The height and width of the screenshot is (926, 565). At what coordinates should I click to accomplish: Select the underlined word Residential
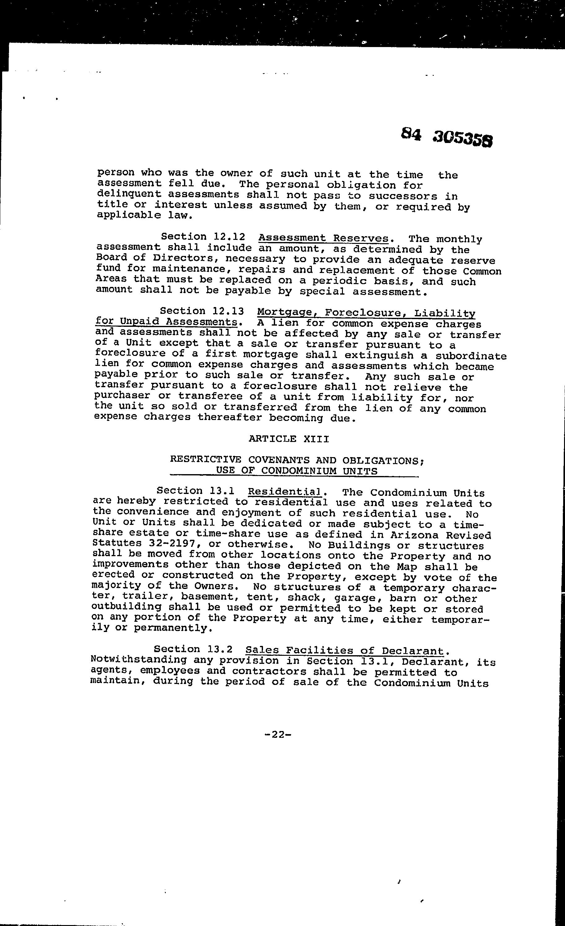click(284, 492)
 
